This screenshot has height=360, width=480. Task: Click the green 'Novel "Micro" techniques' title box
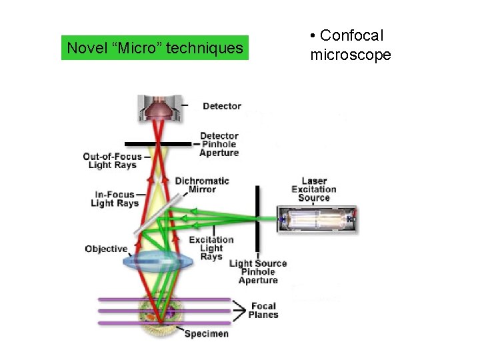(x=155, y=48)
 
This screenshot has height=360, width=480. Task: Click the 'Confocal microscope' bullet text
(x=350, y=45)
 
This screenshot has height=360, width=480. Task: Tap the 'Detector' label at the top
(x=221, y=106)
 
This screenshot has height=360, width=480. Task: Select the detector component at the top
(x=159, y=107)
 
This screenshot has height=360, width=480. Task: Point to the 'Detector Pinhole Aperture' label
(x=219, y=145)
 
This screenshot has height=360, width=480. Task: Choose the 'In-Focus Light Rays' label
(x=115, y=199)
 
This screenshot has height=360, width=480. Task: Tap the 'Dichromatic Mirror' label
(x=202, y=185)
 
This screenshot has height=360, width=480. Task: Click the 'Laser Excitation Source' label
(x=314, y=189)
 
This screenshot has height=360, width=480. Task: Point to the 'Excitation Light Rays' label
(x=211, y=248)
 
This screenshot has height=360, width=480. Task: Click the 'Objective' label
(x=106, y=249)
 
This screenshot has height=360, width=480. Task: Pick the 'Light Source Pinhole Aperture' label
(x=258, y=272)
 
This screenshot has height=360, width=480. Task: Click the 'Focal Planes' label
(x=263, y=311)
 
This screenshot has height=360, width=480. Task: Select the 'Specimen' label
(x=206, y=333)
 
